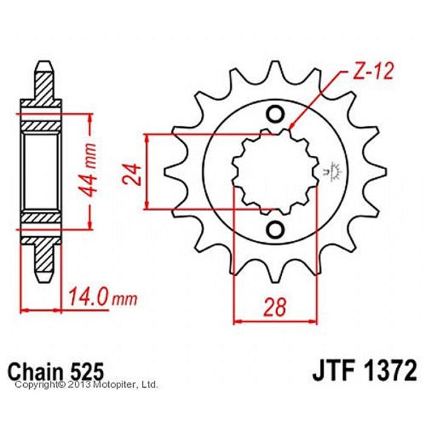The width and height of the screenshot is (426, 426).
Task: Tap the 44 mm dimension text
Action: pos(89,170)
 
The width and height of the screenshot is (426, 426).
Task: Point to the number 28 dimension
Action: pos(275,307)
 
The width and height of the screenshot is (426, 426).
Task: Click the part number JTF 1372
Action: pos(365,371)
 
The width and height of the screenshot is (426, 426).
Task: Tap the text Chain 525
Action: pos(56,371)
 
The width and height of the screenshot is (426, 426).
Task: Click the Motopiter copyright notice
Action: pos(86,385)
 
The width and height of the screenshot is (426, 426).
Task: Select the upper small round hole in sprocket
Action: pos(275,114)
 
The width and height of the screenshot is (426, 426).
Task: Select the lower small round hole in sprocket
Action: pos(275,229)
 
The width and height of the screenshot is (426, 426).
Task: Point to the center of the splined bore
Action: pos(275,172)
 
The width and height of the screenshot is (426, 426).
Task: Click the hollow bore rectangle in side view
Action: pos(41,172)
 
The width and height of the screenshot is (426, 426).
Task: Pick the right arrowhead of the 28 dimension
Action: pos(314,322)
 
